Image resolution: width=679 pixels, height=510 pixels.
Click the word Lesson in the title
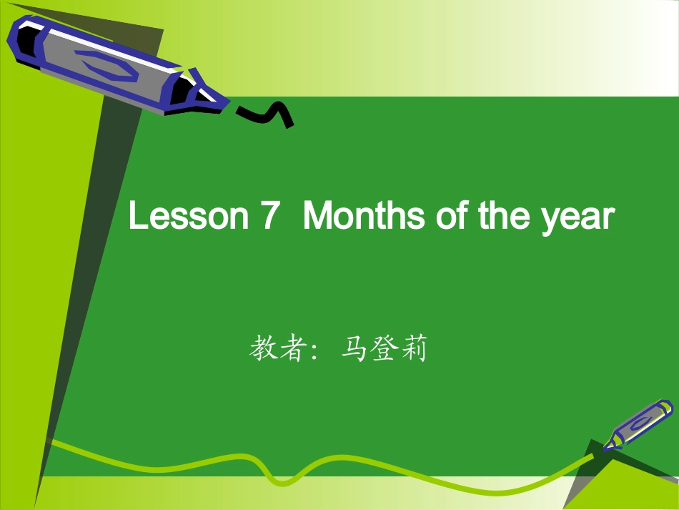pos(187,216)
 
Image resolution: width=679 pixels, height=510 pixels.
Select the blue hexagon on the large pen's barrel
pos(103,64)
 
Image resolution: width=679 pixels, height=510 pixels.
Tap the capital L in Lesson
pos(136,216)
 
